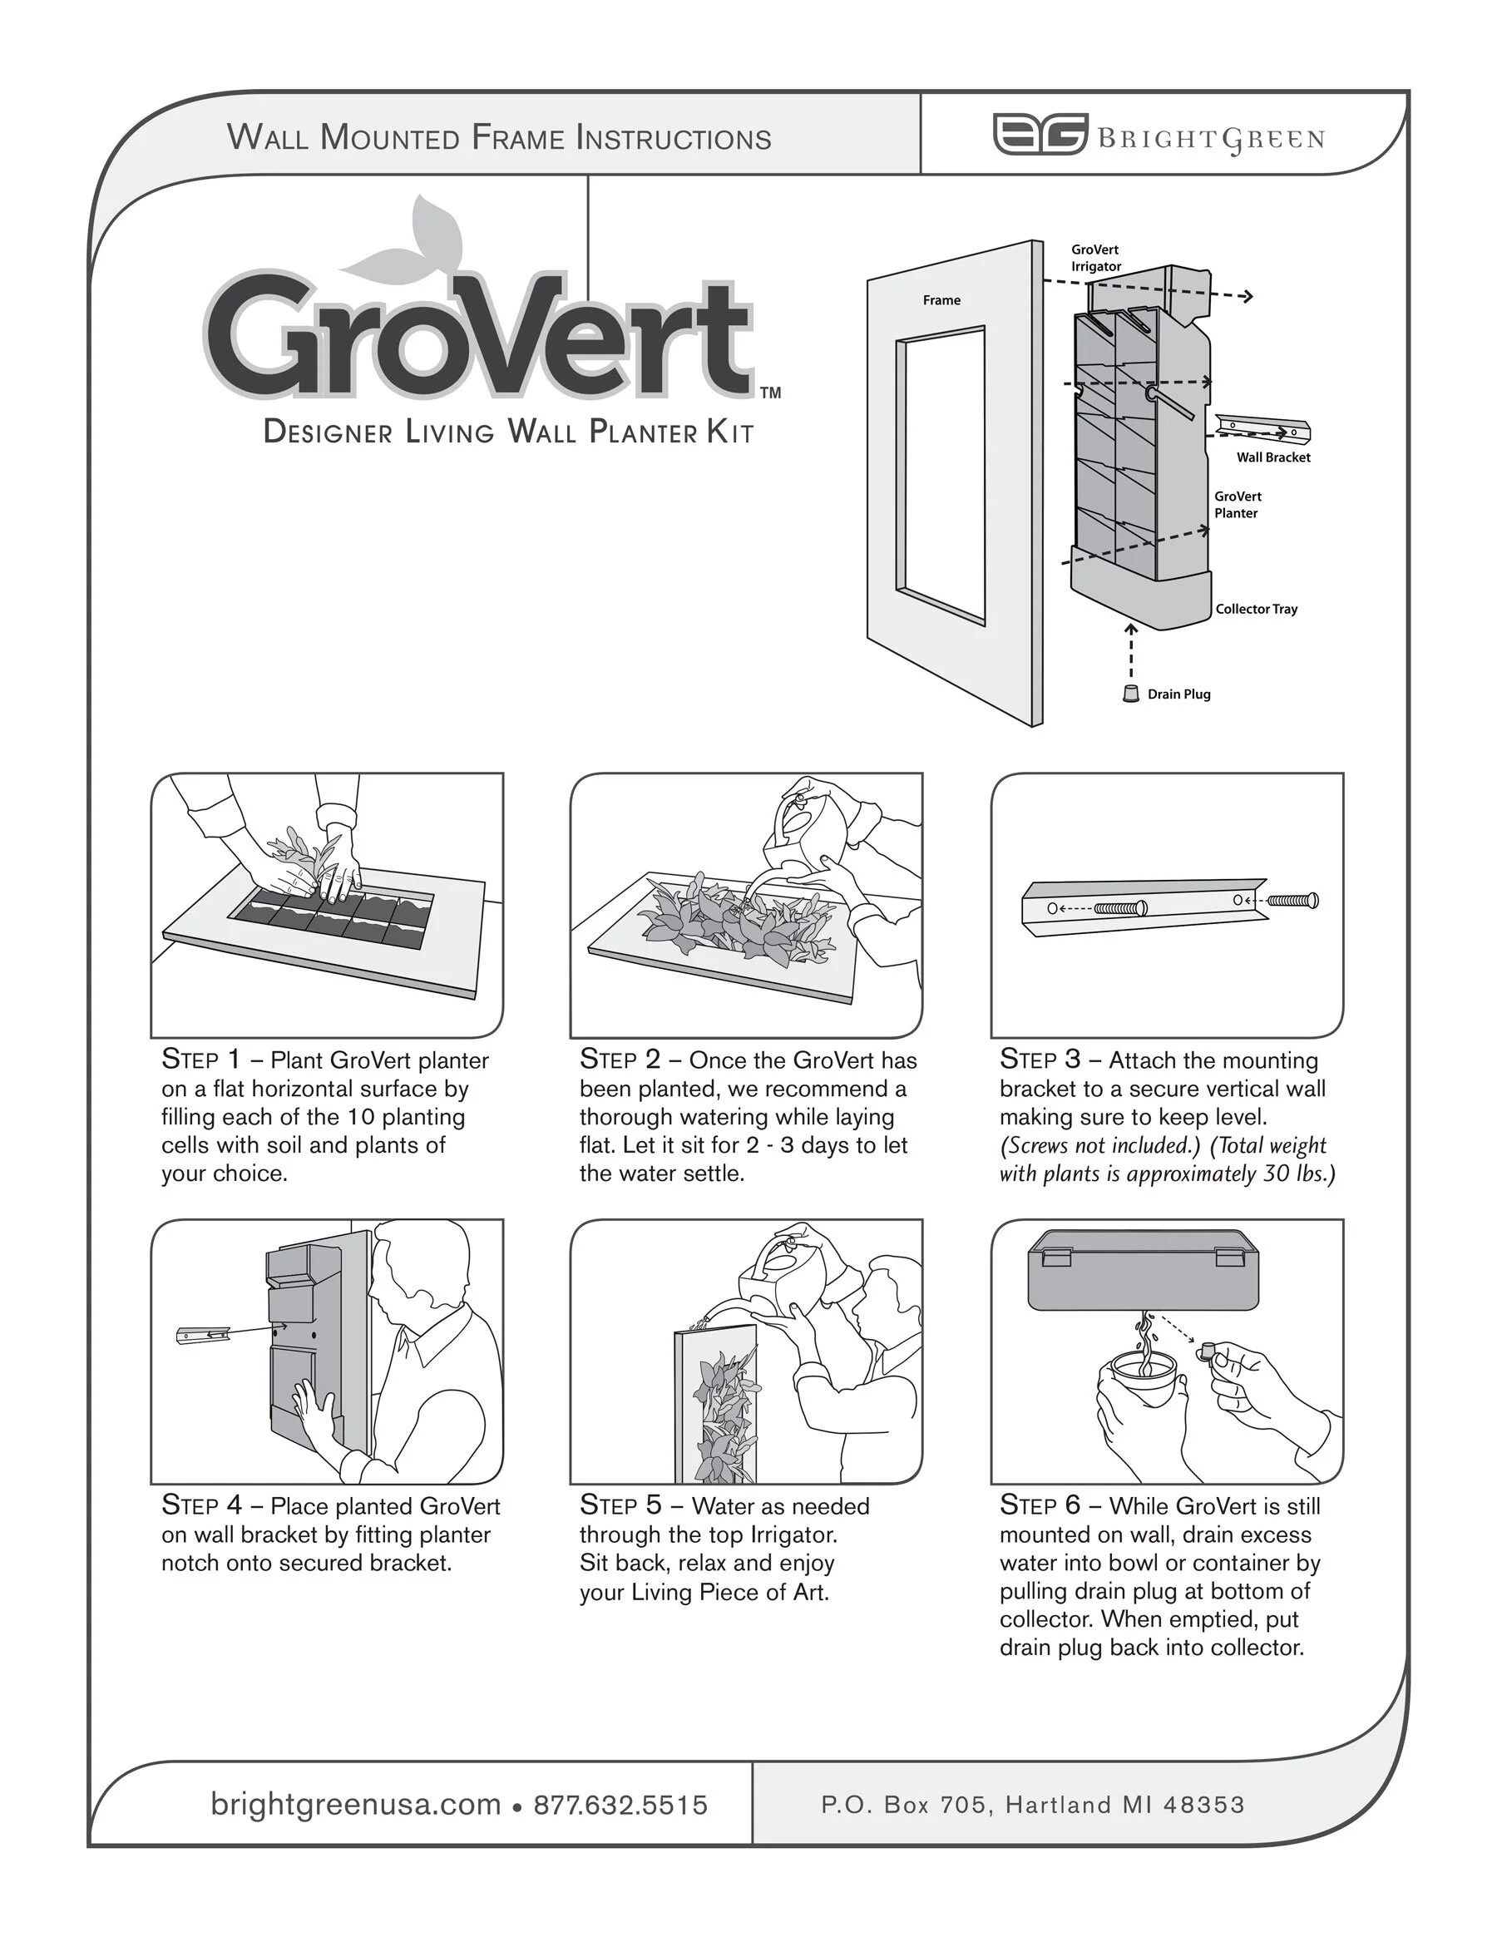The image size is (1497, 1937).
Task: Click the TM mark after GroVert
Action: point(770,392)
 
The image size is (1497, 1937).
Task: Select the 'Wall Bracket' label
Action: point(1272,457)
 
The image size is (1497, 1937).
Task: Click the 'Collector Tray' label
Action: point(1256,610)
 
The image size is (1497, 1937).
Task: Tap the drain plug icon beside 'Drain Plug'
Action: point(1131,694)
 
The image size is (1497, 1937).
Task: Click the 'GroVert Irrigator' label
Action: point(1095,258)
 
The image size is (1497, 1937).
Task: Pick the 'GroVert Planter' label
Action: point(1238,505)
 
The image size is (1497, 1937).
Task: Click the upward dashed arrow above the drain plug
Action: point(1131,651)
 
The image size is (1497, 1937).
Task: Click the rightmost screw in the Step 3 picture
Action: point(1294,900)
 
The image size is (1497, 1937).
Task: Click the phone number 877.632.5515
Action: point(620,1805)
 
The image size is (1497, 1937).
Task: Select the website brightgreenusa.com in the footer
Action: point(355,1805)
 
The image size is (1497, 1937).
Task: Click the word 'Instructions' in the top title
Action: point(673,138)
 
